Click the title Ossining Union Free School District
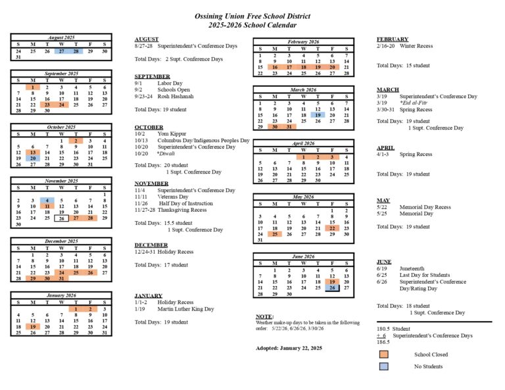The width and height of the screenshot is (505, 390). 252,16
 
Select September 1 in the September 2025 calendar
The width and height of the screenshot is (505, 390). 32,87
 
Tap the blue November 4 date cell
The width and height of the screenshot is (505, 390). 47,201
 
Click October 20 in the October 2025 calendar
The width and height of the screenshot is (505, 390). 32,158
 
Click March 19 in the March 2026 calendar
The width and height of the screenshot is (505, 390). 318,114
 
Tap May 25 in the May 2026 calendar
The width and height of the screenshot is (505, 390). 274,233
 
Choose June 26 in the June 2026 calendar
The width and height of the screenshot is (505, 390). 332,287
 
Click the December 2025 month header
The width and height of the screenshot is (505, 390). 61,241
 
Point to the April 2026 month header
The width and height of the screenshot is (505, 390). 303,143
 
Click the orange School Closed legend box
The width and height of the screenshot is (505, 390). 383,354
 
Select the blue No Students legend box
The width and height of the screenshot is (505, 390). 383,366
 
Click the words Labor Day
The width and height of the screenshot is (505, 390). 170,84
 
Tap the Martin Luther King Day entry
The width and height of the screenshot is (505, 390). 185,308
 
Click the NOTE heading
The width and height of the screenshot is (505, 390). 264,316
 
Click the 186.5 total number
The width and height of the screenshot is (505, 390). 383,342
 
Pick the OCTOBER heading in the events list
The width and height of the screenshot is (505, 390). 149,127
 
